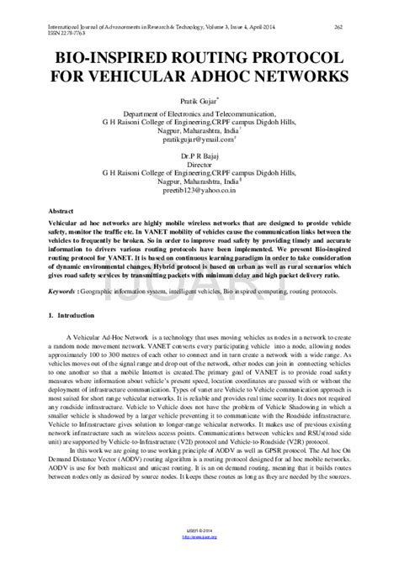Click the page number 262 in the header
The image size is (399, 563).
[361, 28]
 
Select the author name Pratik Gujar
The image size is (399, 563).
[199, 99]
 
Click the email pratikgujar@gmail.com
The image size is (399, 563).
[199, 142]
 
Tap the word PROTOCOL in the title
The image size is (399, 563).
[295, 58]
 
